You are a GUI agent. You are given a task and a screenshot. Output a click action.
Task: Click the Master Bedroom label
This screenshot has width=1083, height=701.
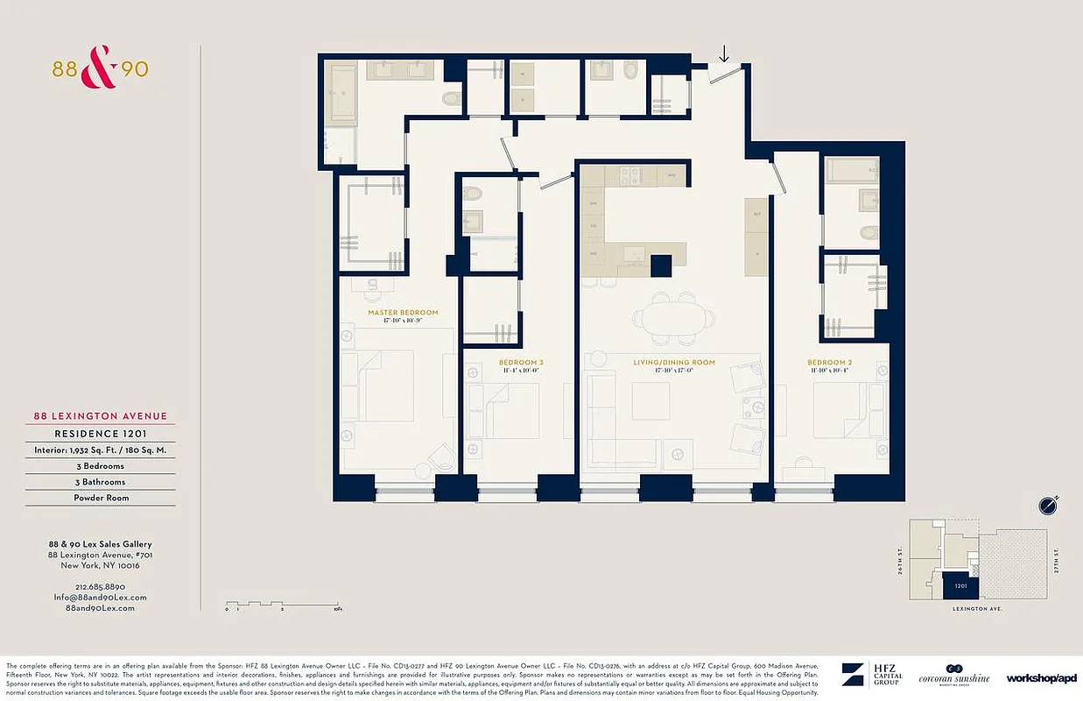click(403, 312)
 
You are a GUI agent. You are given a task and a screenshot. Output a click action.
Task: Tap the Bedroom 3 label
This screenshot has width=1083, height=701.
click(521, 362)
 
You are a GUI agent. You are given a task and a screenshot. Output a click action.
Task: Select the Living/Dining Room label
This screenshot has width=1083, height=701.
click(674, 362)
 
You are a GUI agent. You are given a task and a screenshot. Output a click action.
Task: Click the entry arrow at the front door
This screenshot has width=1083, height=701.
click(723, 54)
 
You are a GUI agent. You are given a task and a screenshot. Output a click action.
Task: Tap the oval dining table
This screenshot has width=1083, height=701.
click(674, 318)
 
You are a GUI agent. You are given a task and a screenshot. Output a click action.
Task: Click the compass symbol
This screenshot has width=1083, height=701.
click(1048, 506)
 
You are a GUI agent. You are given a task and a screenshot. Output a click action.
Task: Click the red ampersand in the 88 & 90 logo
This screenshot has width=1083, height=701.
click(99, 70)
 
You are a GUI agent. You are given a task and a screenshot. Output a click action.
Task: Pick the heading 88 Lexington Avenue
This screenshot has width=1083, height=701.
click(100, 416)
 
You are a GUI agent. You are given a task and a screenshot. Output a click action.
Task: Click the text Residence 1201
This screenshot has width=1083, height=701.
click(100, 433)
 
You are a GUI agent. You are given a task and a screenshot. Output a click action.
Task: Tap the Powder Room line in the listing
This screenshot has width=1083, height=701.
click(100, 498)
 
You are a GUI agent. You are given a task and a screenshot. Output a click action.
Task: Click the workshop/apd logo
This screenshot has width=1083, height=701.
click(1041, 677)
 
